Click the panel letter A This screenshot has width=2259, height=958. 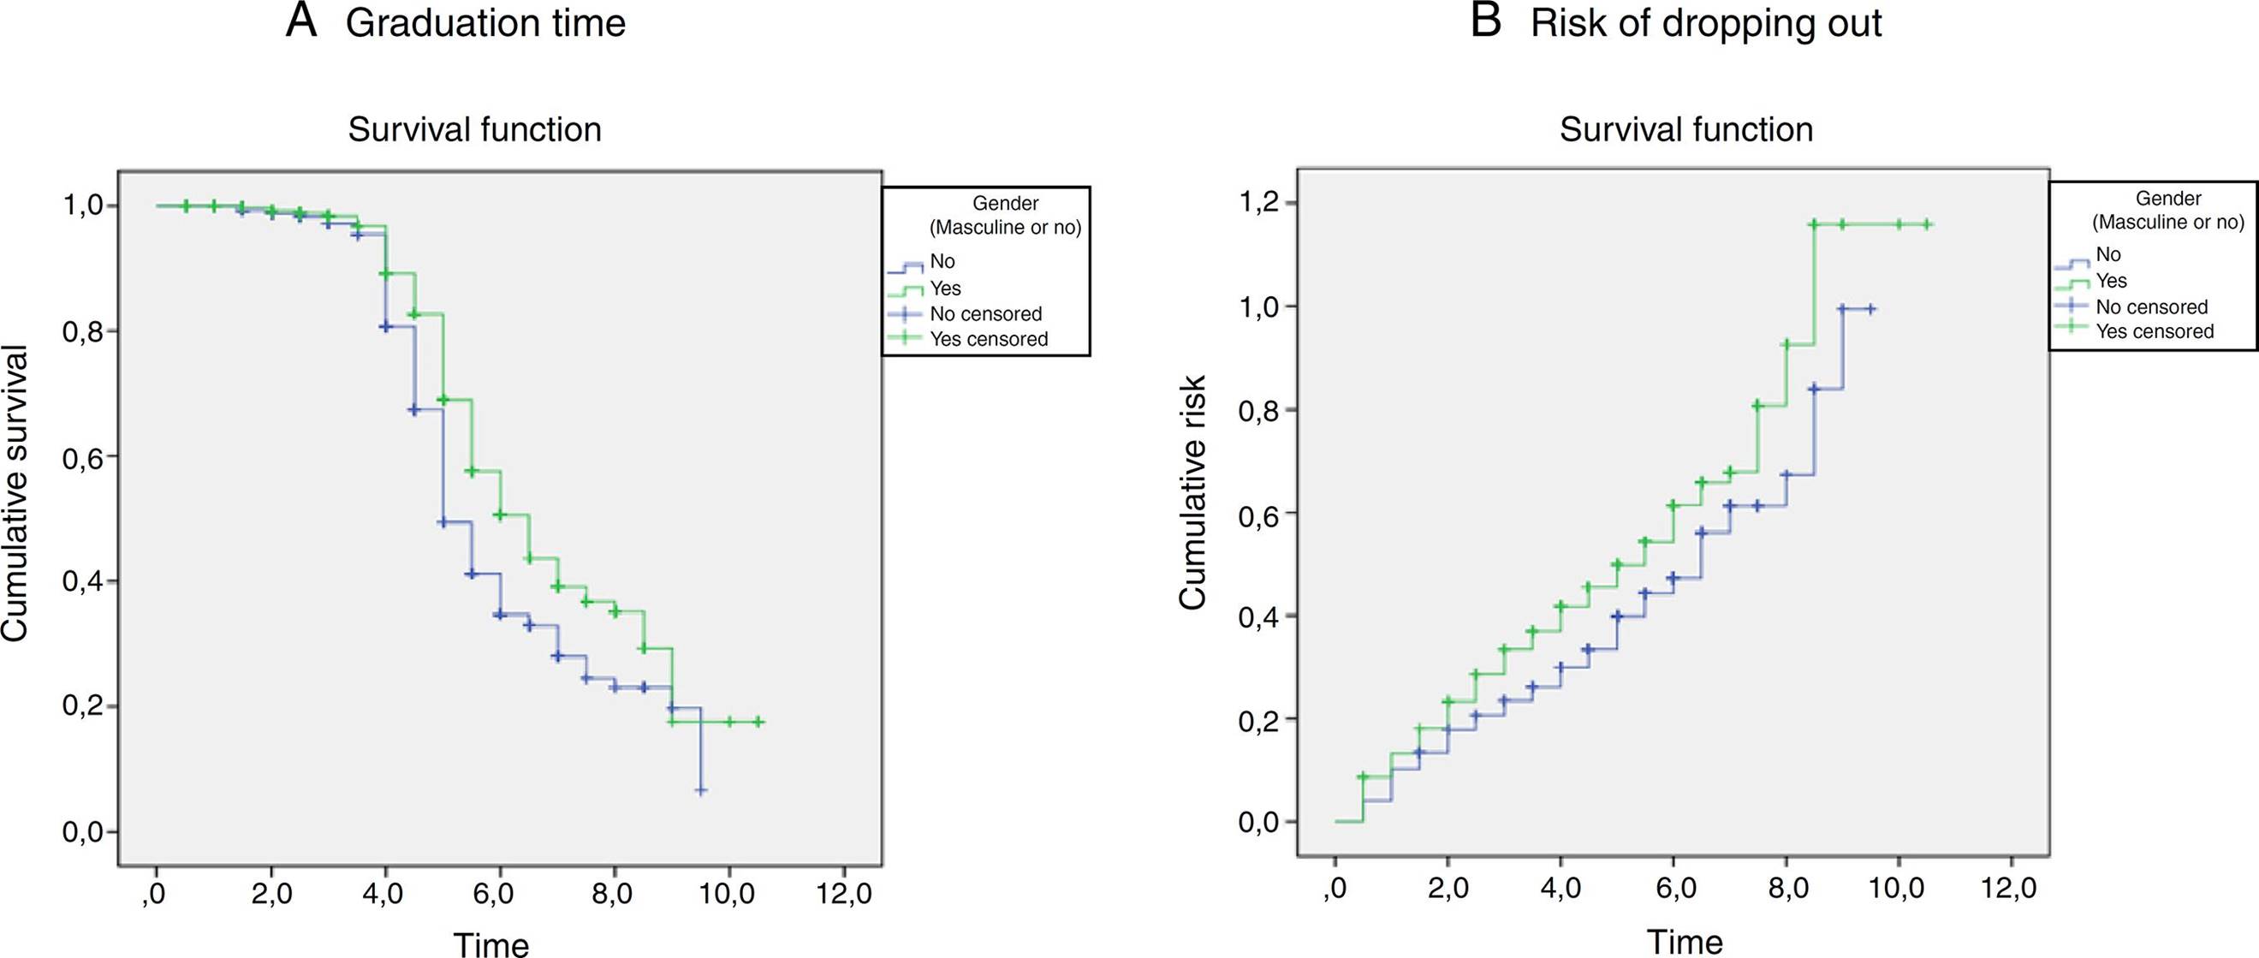point(300,22)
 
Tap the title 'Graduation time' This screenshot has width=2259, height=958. point(486,24)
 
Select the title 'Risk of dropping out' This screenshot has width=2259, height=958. point(1706,24)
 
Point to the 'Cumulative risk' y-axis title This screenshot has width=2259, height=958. point(1192,492)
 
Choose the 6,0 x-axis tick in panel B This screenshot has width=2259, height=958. point(1673,887)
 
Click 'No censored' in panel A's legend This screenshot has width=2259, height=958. point(985,314)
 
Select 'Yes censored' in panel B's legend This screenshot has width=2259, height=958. point(2155,331)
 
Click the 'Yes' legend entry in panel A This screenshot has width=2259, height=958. point(945,289)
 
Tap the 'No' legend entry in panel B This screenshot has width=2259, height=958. point(2108,254)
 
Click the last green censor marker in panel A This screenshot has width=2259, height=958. point(758,722)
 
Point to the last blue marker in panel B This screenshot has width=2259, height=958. point(1870,309)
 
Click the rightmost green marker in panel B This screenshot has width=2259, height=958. point(1927,249)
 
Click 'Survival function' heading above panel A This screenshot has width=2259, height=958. point(474,130)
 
